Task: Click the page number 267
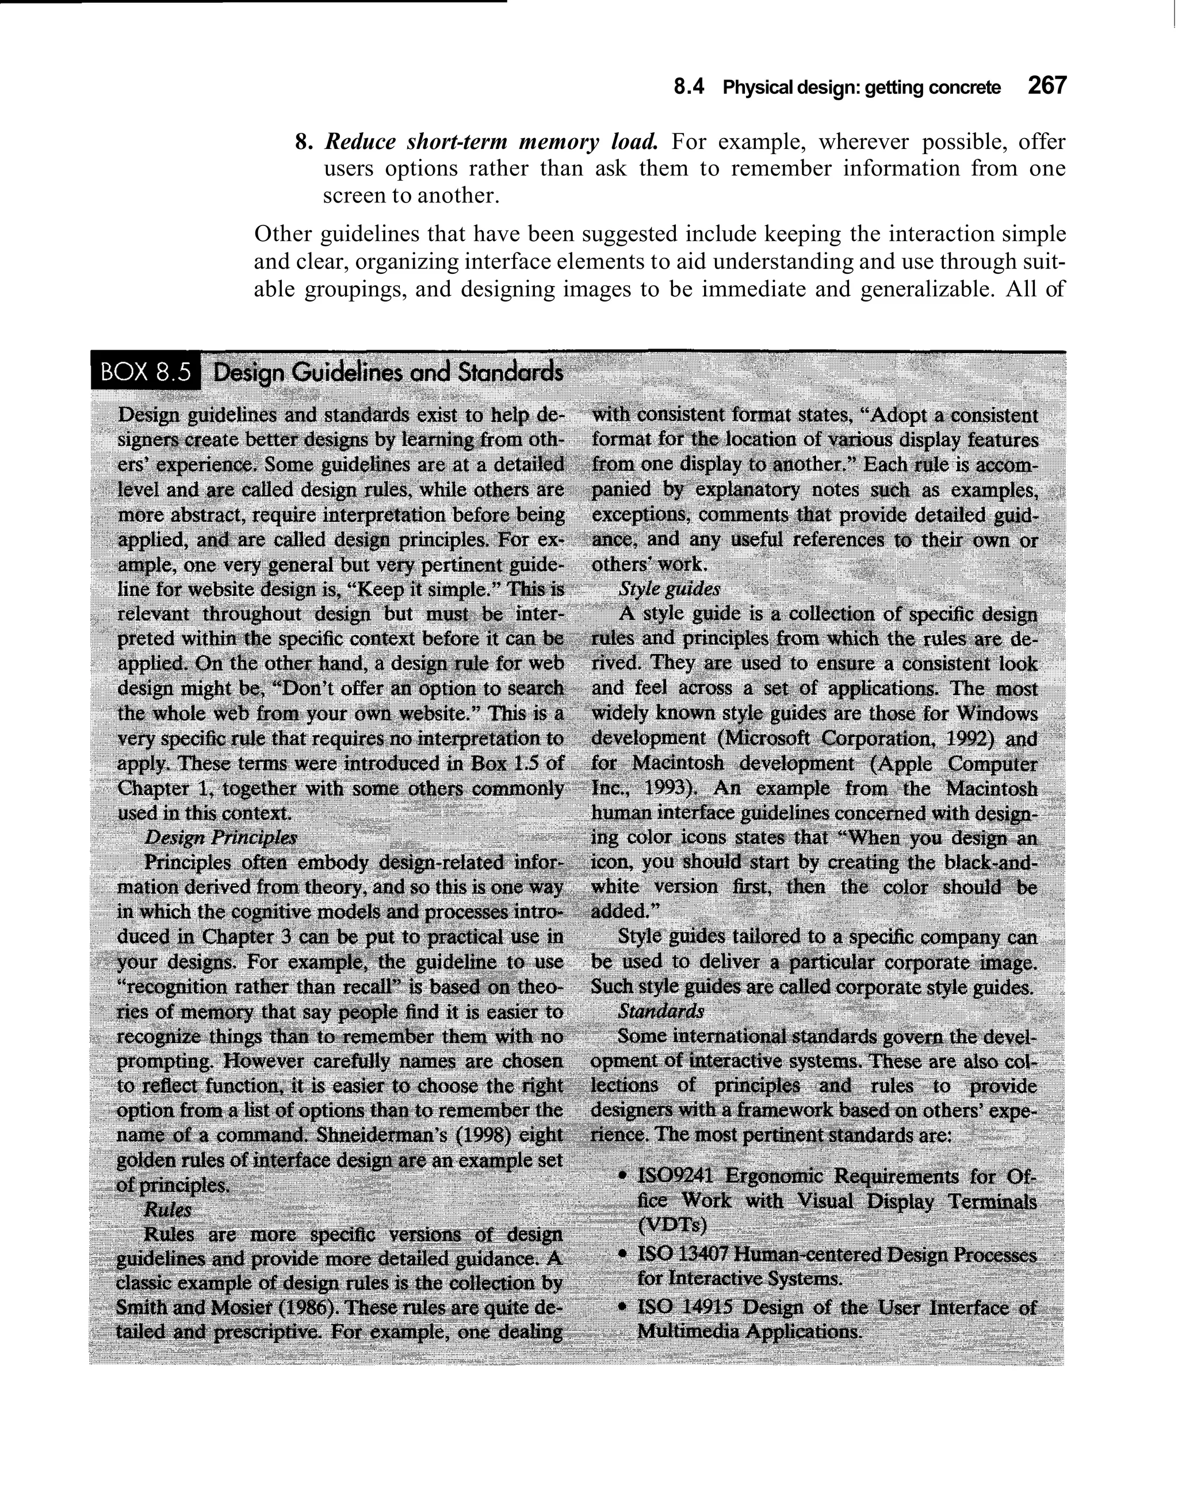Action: [1046, 86]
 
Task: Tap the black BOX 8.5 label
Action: [145, 372]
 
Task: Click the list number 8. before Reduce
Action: [301, 143]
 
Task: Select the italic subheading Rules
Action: [167, 1210]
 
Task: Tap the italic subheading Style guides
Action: [669, 589]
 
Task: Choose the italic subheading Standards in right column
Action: [661, 1011]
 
